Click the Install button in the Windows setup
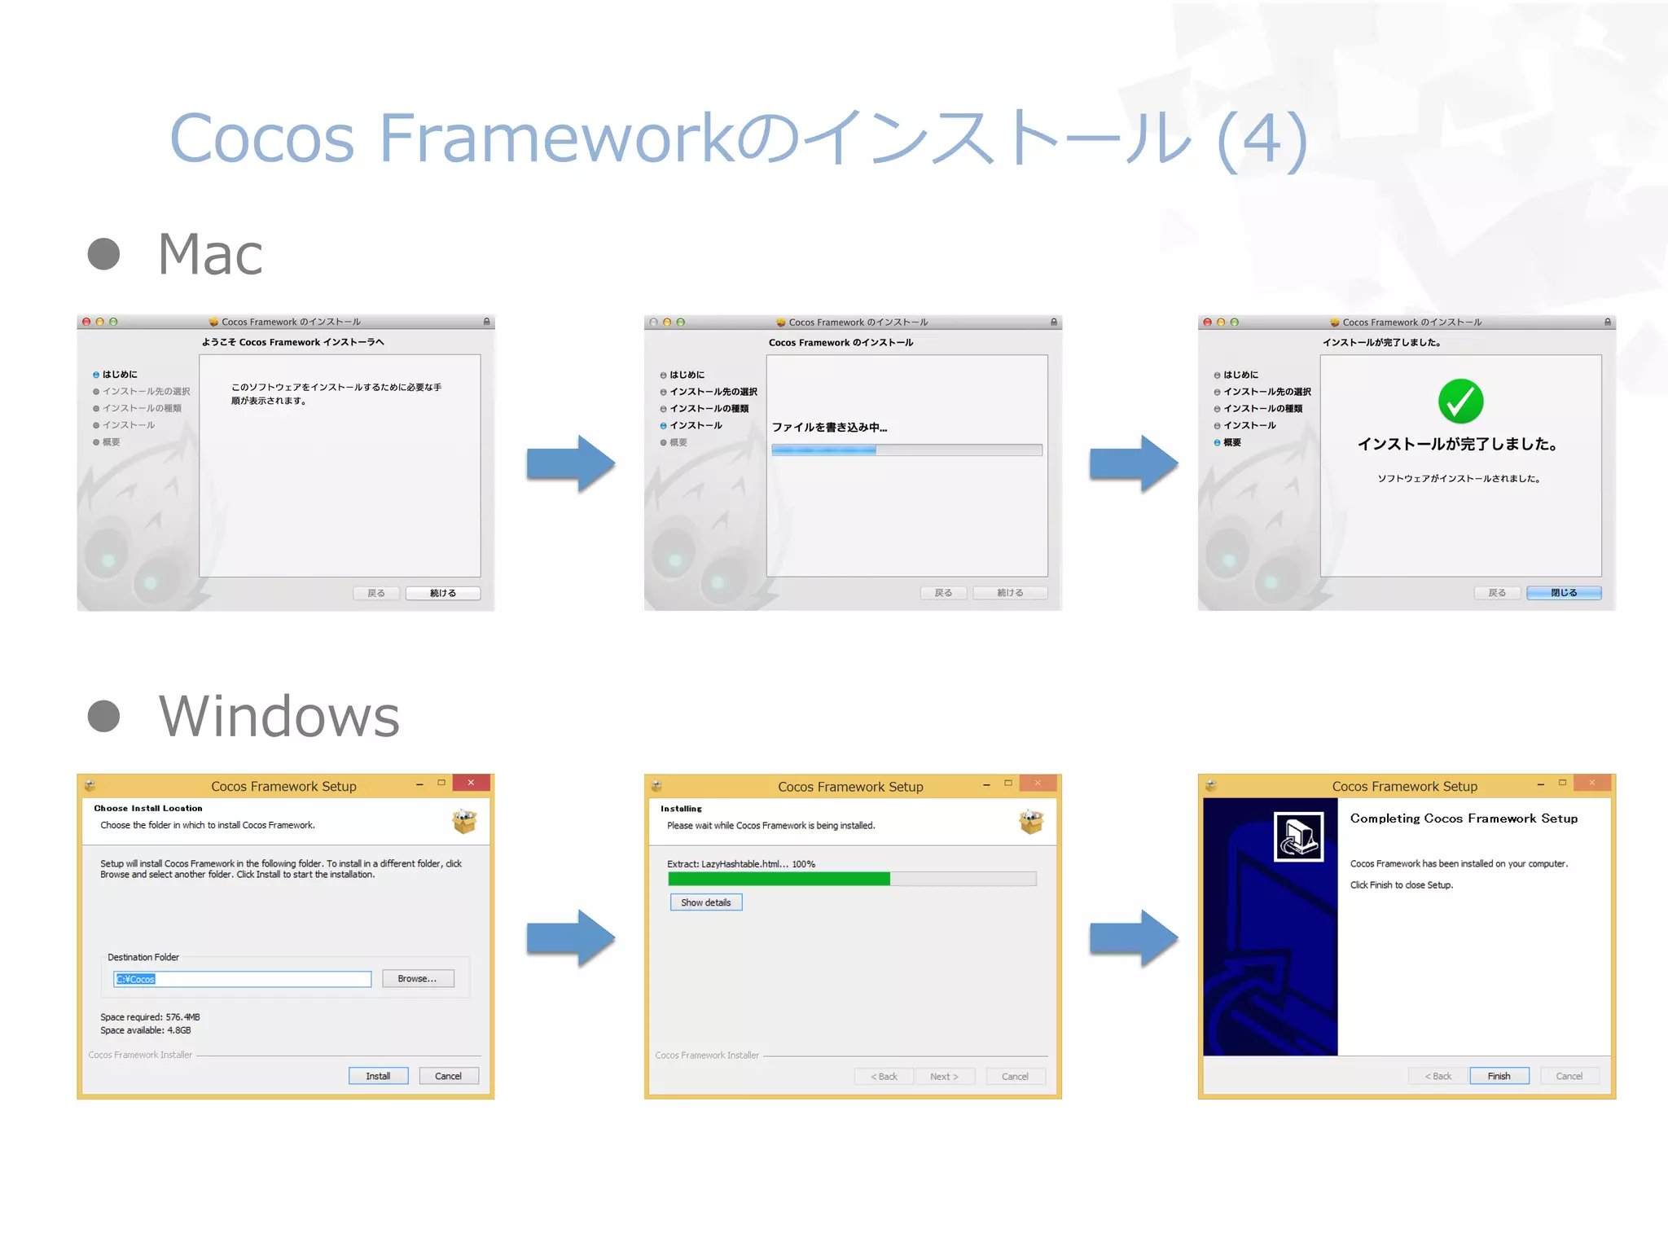[378, 1076]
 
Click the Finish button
[1499, 1076]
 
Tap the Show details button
[705, 902]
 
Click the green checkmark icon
[1460, 402]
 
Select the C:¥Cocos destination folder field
[242, 979]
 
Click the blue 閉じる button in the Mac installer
[1563, 593]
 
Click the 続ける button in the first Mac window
[442, 593]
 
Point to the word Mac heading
[210, 254]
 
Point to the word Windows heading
[279, 717]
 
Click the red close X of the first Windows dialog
[471, 783]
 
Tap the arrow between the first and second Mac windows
[570, 463]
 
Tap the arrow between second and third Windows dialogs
[1133, 938]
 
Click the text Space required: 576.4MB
[150, 1017]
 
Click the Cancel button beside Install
[448, 1076]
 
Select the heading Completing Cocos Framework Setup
[1464, 819]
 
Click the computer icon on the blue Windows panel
[1298, 836]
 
